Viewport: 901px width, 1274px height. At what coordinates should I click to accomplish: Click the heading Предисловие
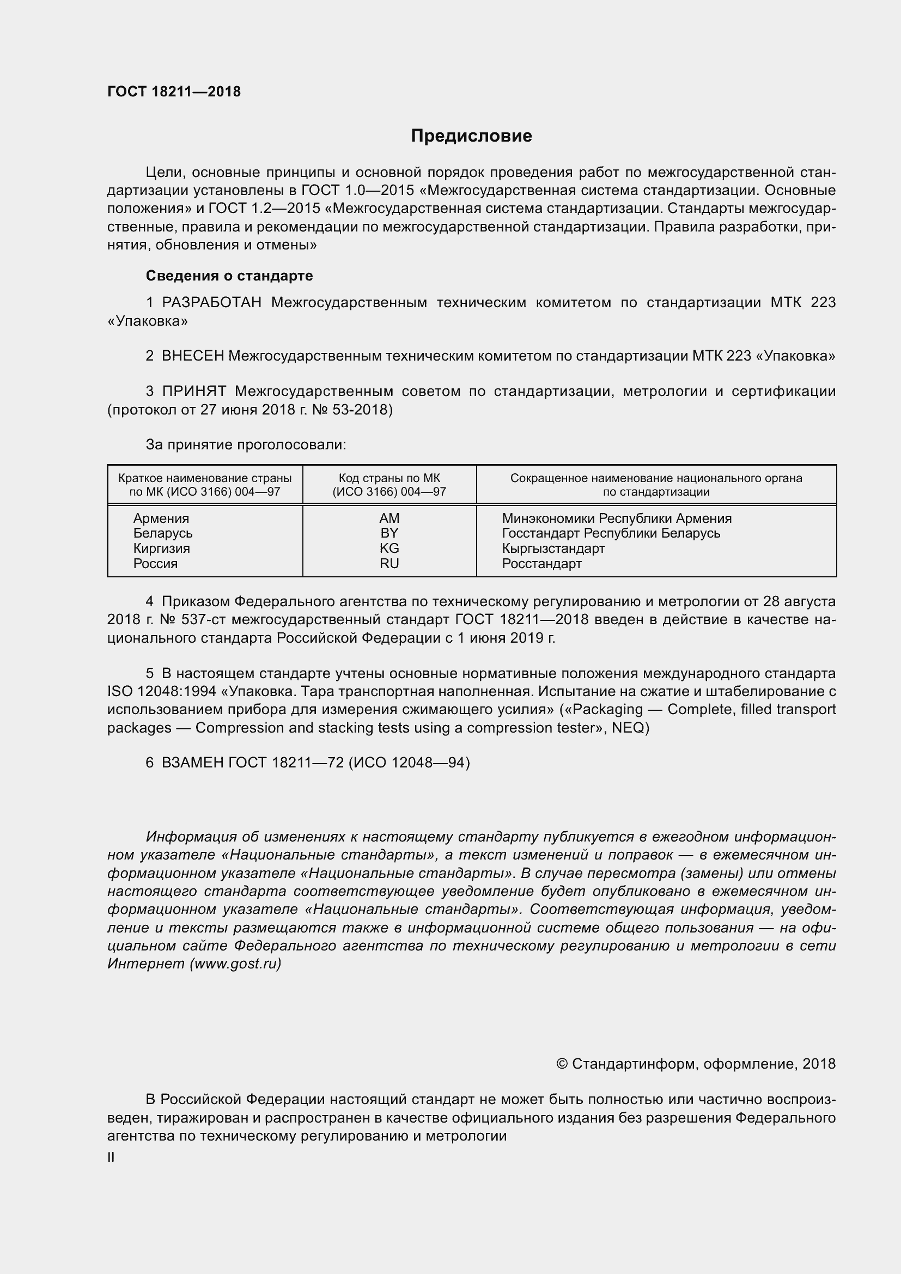(471, 136)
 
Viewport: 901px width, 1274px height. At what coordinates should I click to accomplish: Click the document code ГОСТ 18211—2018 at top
(174, 92)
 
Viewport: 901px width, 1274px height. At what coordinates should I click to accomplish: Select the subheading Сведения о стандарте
(229, 276)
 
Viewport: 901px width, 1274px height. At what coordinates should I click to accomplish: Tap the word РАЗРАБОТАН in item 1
(211, 302)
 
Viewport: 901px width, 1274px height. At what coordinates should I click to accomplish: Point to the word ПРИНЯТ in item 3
(194, 391)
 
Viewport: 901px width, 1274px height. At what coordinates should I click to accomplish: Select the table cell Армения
(161, 518)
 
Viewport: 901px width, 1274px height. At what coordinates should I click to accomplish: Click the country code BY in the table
(389, 533)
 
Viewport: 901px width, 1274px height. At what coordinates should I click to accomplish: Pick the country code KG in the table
(389, 548)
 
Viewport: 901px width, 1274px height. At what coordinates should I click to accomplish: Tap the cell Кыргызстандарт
(553, 548)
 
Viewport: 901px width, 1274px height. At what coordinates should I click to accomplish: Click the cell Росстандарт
(541, 564)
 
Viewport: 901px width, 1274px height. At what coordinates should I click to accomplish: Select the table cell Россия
(155, 564)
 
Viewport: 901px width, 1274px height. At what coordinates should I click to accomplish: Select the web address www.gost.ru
(235, 964)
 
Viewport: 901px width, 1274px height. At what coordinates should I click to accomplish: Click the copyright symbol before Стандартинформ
(562, 1064)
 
